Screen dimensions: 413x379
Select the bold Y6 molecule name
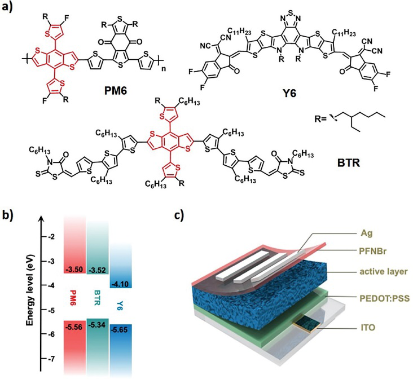point(289,93)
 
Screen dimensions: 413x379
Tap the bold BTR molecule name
point(349,163)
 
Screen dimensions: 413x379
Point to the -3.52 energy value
point(97,270)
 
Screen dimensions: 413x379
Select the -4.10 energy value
point(120,284)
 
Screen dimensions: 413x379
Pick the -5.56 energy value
point(74,327)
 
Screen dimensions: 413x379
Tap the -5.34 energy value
point(97,325)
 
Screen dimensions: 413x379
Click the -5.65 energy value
point(120,329)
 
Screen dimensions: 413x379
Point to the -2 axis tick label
point(52,236)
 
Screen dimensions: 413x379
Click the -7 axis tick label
point(52,359)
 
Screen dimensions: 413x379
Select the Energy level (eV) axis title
point(30,290)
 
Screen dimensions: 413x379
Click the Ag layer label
point(366,233)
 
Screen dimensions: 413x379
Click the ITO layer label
point(367,328)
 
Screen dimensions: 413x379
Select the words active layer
point(384,271)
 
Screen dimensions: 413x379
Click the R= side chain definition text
point(320,118)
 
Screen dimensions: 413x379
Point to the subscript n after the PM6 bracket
point(164,69)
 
